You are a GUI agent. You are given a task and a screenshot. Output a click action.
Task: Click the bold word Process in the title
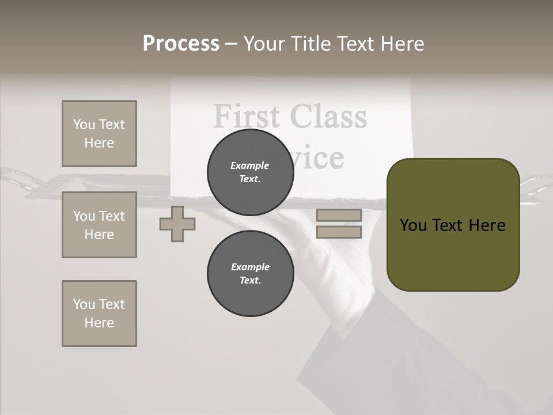click(x=181, y=44)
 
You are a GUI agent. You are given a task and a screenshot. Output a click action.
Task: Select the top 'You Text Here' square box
click(x=99, y=134)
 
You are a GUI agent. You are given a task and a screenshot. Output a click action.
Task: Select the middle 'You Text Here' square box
click(x=99, y=225)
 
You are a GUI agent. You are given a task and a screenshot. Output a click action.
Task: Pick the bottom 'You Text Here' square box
click(x=99, y=314)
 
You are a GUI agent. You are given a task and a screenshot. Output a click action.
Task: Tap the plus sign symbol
click(x=177, y=224)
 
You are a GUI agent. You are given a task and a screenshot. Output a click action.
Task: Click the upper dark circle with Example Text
click(x=250, y=172)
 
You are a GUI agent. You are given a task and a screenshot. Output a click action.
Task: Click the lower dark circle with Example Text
click(x=250, y=273)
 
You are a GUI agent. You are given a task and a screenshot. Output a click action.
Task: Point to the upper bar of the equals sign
click(x=339, y=216)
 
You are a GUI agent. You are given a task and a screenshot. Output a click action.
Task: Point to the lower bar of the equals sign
click(x=339, y=232)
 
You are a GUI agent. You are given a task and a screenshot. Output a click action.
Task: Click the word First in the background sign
click(x=248, y=116)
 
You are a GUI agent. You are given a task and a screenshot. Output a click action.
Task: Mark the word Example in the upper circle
click(x=250, y=165)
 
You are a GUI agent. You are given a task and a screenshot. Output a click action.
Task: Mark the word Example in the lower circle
click(x=250, y=267)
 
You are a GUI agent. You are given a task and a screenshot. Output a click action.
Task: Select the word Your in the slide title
click(x=264, y=44)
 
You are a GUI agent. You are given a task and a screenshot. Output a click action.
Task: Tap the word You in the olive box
click(x=413, y=225)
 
